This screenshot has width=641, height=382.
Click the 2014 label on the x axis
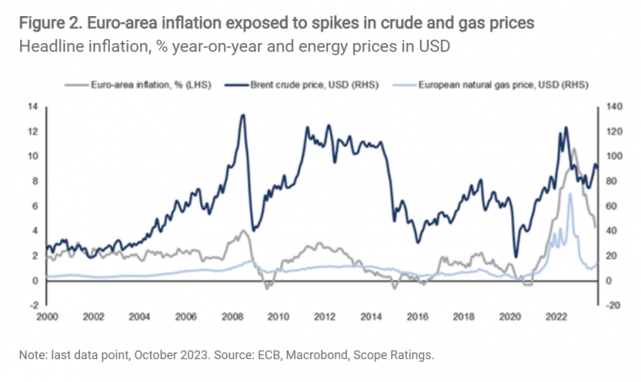point(371,317)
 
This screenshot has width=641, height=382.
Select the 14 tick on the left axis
point(33,106)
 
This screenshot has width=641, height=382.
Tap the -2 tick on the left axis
point(32,305)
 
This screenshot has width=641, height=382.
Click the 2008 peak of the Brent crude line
point(243,115)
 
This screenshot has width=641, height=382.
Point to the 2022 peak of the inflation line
point(574,149)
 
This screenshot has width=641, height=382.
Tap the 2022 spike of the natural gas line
point(571,194)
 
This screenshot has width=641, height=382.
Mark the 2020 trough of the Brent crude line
point(515,256)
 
